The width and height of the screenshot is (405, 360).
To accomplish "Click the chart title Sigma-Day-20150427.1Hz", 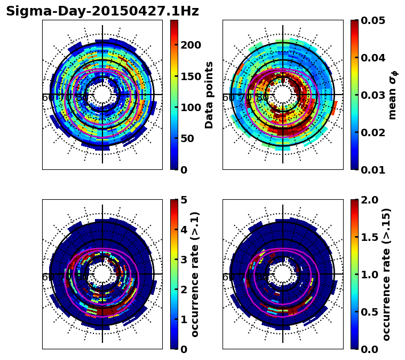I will coord(102,11).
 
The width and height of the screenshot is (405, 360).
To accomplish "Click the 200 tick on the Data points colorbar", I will coord(190,45).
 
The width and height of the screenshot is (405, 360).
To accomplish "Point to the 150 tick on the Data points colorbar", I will coord(190,76).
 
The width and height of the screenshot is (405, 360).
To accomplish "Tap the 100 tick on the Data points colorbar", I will coord(190,107).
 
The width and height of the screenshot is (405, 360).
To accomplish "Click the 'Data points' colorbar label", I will coord(209,95).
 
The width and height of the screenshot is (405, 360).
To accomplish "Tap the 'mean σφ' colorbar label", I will coord(392,95).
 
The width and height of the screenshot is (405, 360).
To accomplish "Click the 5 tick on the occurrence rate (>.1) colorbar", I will coord(184,200).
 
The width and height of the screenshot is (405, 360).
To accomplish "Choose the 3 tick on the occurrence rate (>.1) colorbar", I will coord(184,260).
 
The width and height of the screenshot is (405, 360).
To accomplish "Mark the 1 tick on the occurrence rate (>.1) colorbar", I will coord(184,319).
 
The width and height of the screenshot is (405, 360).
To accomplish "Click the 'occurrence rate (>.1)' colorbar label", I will coord(195,274).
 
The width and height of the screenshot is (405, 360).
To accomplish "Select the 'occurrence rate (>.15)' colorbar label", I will coord(387,274).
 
